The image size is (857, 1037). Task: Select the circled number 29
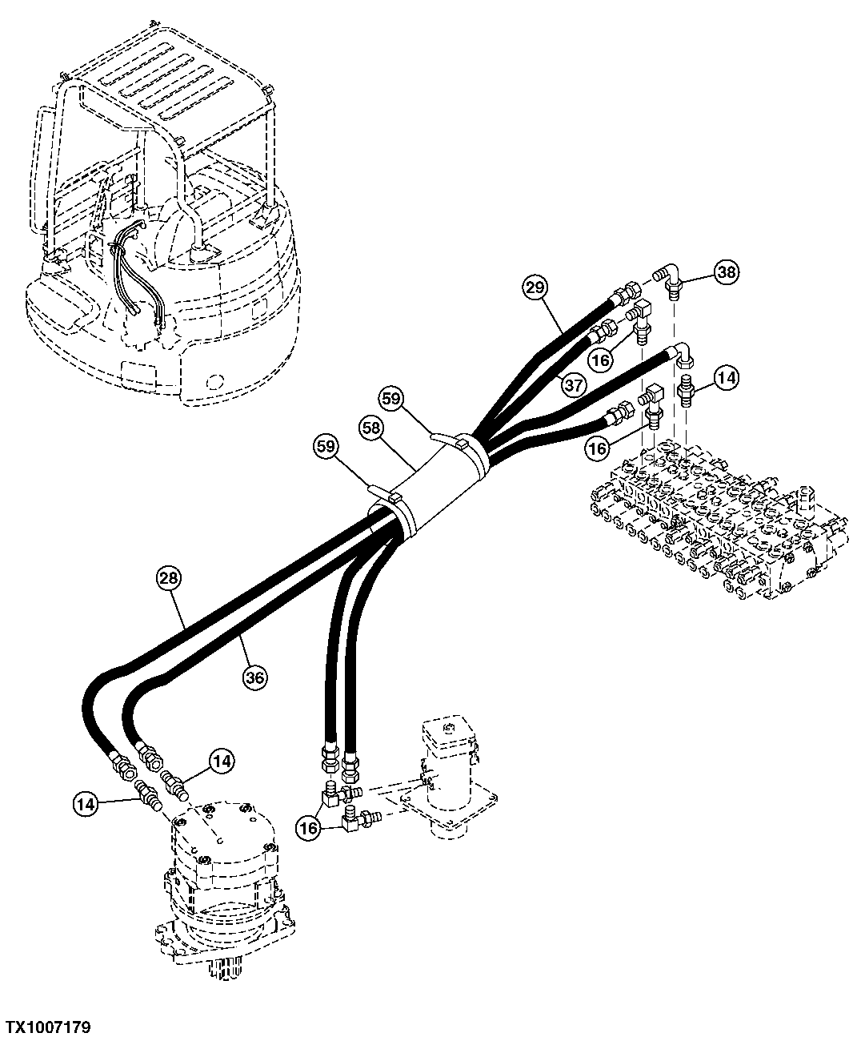[x=536, y=287]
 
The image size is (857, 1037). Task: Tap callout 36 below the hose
[x=255, y=677]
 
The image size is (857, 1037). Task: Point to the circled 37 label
[x=572, y=384]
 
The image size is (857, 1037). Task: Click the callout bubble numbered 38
[x=726, y=273]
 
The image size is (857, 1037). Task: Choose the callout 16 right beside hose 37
[x=600, y=360]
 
